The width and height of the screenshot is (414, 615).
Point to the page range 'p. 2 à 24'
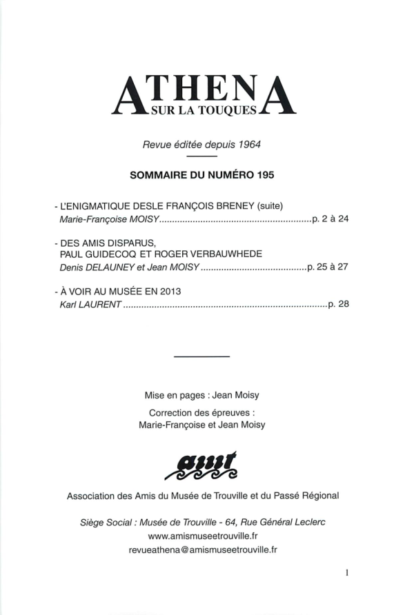coord(331,219)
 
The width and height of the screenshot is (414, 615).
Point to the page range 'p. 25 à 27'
coord(328,267)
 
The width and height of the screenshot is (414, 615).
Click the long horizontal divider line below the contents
coord(201,356)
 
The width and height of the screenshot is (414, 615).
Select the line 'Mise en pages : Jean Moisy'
coord(201,395)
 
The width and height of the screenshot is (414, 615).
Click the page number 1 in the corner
coord(347,572)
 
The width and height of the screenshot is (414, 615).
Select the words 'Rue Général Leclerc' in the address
coord(284,521)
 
